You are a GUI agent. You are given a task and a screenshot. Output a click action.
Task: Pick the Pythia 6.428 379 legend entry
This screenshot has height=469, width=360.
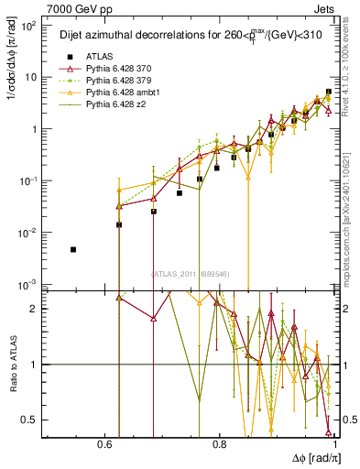[x=106, y=81]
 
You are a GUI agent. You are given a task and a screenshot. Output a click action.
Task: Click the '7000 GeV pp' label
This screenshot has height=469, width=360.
[x=71, y=6]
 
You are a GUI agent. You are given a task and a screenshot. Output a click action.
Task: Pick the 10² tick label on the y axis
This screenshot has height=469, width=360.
[x=30, y=26]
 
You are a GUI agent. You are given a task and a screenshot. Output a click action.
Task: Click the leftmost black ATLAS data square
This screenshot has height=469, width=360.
[x=73, y=249]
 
